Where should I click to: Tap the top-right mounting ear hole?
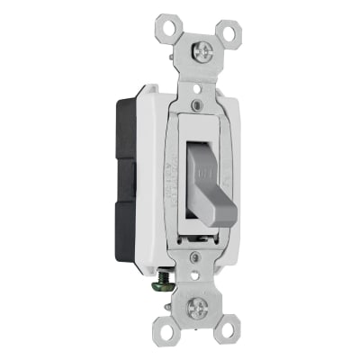(x=236, y=31)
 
